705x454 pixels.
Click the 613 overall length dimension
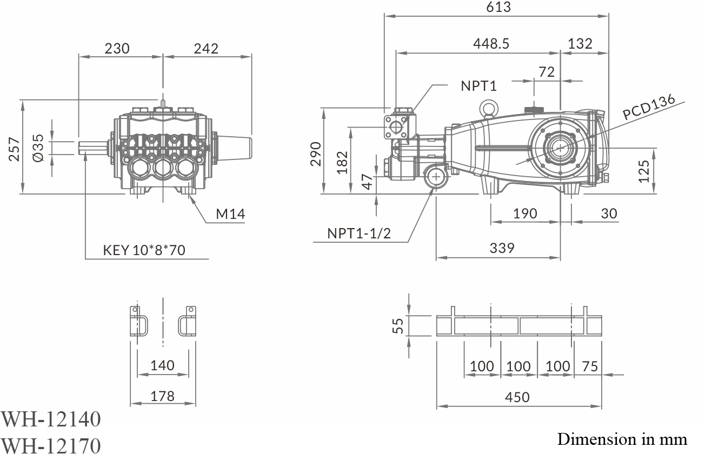[x=498, y=7]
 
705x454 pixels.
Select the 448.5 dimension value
[x=491, y=43]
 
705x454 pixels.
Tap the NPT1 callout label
[x=478, y=85]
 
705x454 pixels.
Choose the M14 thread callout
[x=230, y=214]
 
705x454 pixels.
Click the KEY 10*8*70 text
[x=144, y=251]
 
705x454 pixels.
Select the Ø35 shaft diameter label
[x=37, y=147]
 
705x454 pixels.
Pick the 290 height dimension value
[x=316, y=153]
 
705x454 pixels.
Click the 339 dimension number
[x=502, y=248]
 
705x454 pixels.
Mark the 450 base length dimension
[x=517, y=397]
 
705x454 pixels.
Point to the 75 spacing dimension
[x=590, y=366]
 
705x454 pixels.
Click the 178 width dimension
[x=162, y=396]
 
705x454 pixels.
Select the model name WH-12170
[x=51, y=445]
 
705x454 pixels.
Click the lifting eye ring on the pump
[x=490, y=109]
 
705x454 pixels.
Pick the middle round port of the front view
[x=162, y=169]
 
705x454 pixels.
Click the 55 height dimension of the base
[x=398, y=325]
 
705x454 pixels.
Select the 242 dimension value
[x=206, y=49]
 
